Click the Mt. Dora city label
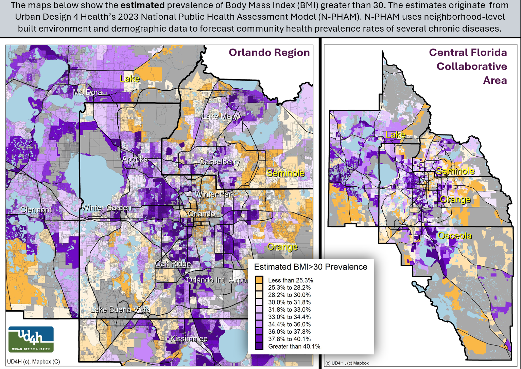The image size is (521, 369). pos(87,92)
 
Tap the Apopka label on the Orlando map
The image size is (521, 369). pos(135,159)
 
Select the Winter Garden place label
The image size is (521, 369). pos(107,207)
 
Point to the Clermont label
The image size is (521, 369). pos(36,210)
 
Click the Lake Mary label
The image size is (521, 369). pos(220,116)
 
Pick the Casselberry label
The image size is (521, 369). pos(220,162)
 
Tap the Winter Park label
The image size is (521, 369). pos(215,194)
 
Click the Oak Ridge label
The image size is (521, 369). pos(173,264)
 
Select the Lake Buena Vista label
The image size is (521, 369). pos(120,310)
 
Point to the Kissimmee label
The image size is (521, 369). pos(189,339)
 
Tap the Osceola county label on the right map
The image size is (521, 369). pos(454,236)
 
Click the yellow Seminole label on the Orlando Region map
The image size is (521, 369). pos(285,173)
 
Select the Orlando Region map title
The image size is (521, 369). pos(269,53)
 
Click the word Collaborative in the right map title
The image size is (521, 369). pos(472,67)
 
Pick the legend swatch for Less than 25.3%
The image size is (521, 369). pos(259,280)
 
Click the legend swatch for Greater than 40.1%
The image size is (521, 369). pos(259,346)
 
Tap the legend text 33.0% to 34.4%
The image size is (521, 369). pos(289,317)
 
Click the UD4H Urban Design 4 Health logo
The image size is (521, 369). pos(31,339)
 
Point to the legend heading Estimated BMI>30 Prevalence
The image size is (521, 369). pos(311,267)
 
